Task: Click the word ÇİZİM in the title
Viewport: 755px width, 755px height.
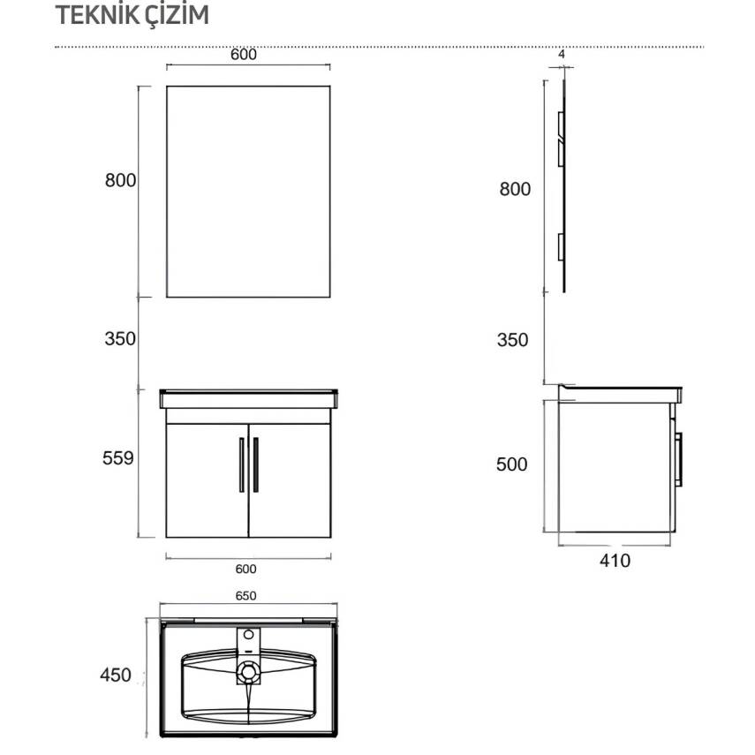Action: pos(170,14)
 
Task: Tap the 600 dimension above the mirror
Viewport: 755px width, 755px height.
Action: pos(244,55)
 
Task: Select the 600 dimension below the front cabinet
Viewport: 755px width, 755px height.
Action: pos(245,569)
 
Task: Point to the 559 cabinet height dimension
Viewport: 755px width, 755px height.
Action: pos(118,458)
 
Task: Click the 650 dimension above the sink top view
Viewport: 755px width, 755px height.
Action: pos(245,596)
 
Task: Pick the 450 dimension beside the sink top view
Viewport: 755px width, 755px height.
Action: pos(116,675)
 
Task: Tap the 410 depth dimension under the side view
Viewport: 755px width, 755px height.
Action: pos(615,561)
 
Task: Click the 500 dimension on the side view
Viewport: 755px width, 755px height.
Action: pos(512,464)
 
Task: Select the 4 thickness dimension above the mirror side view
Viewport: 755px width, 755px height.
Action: pos(562,55)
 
